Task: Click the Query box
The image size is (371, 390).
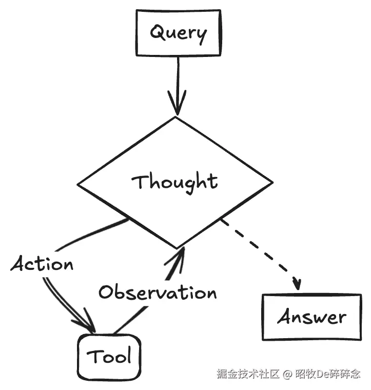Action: (178, 32)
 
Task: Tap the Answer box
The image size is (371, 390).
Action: (312, 317)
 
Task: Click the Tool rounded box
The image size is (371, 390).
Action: (109, 357)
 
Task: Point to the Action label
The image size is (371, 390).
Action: (42, 264)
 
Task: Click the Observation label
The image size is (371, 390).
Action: (158, 292)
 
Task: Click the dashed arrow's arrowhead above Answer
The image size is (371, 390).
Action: (297, 284)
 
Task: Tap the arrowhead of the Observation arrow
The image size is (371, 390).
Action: (177, 259)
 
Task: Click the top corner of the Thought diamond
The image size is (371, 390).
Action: (176, 117)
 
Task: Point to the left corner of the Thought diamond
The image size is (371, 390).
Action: (77, 185)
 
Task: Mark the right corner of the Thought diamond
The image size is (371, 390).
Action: (273, 182)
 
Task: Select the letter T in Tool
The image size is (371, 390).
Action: (93, 356)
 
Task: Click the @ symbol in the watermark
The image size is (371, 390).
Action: (287, 374)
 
